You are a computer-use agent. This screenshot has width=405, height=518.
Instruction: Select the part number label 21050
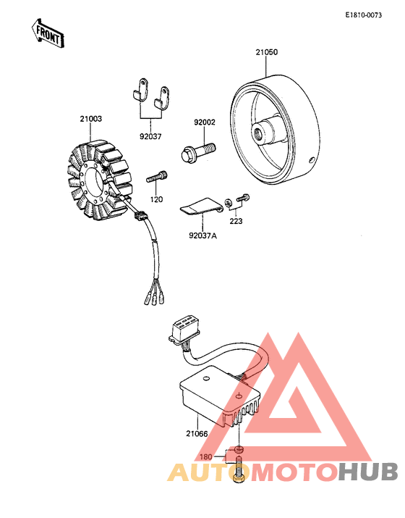[266, 52]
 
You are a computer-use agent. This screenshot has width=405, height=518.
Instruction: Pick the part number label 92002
[204, 124]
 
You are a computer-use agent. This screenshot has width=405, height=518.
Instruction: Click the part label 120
[157, 199]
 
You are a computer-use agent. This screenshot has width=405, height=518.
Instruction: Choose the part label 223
[236, 221]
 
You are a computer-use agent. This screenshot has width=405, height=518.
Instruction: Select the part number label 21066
[196, 435]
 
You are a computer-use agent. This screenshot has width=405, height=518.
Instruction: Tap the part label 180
[205, 457]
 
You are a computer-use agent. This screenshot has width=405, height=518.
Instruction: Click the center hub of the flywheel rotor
[259, 133]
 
